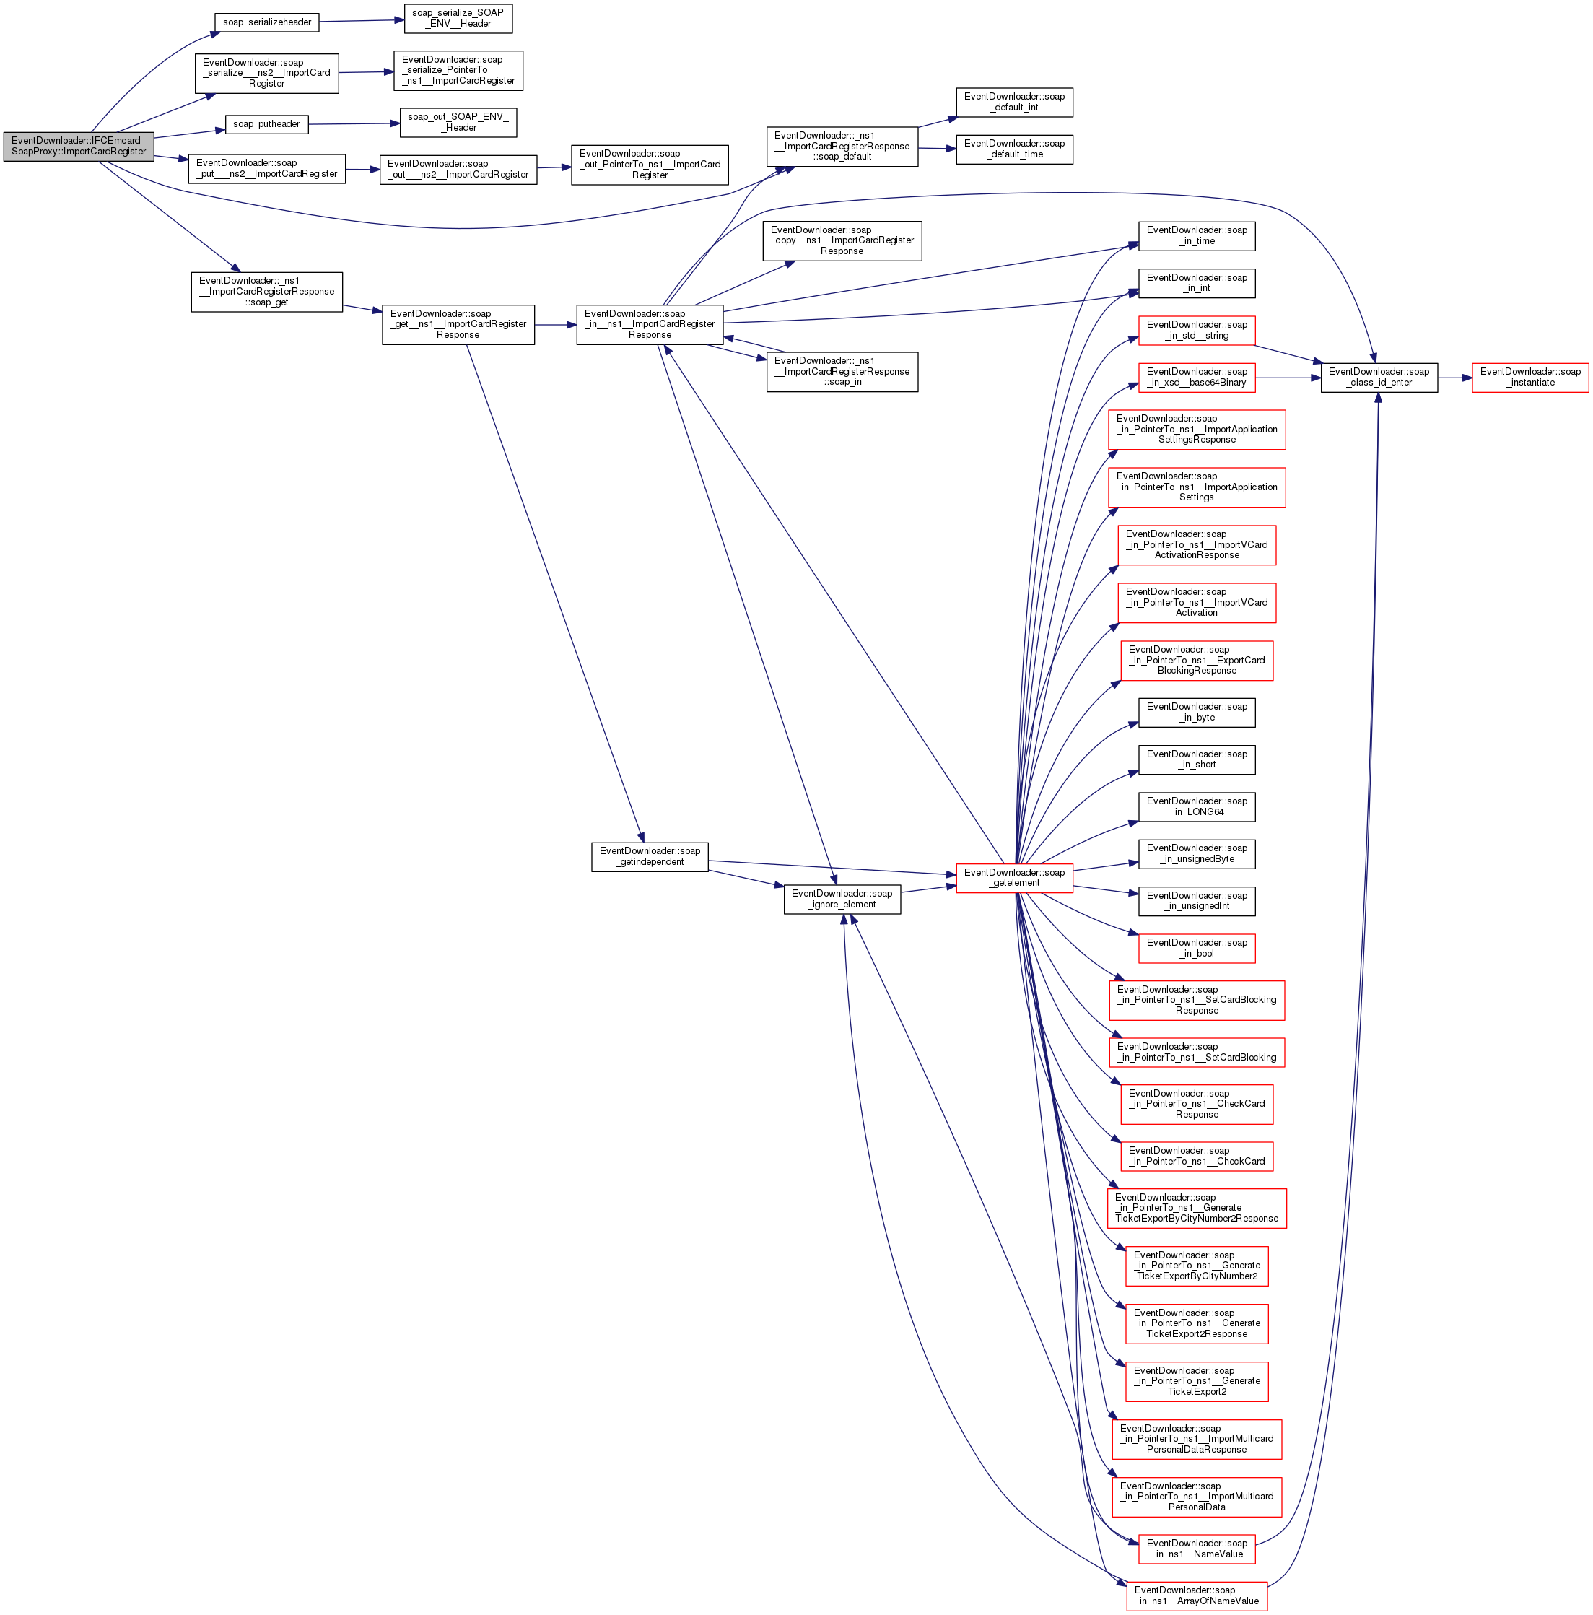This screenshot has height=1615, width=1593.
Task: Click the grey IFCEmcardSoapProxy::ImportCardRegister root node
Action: pyautogui.click(x=79, y=147)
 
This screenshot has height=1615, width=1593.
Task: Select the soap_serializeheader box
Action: pyautogui.click(x=266, y=22)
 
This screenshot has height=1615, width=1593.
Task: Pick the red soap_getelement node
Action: pyautogui.click(x=1014, y=878)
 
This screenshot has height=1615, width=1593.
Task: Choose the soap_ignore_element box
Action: pyautogui.click(x=842, y=899)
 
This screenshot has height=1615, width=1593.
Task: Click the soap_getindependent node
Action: pyautogui.click(x=650, y=857)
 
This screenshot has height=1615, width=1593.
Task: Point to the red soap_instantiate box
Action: pyautogui.click(x=1529, y=377)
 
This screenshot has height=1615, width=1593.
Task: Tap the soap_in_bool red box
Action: pyautogui.click(x=1196, y=948)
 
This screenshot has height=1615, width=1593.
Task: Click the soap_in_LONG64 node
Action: pyautogui.click(x=1196, y=806)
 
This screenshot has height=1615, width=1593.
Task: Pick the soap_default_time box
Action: pyautogui.click(x=1014, y=149)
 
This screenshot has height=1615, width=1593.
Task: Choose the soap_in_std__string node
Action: pyautogui.click(x=1196, y=330)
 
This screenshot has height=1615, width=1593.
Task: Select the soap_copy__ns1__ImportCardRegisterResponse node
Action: pyautogui.click(x=842, y=240)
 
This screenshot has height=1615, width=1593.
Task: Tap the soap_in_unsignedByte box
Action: pyautogui.click(x=1196, y=853)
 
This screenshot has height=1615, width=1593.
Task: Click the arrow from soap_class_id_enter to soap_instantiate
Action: pyautogui.click(x=1454, y=378)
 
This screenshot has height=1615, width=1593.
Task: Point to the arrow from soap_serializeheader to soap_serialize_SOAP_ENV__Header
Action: pyautogui.click(x=361, y=21)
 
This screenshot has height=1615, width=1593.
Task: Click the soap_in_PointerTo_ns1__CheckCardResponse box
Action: pyautogui.click(x=1196, y=1105)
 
